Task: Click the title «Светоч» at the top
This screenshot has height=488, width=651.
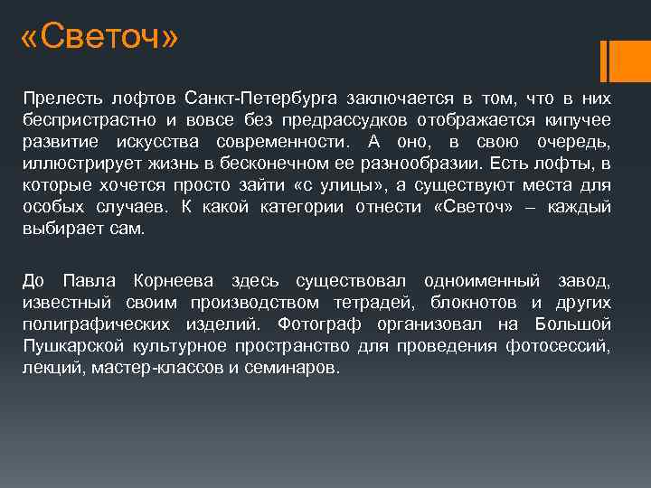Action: pos(99,39)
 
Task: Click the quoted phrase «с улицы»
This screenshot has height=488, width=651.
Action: pos(351,186)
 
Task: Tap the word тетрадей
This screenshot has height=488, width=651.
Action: pos(368,302)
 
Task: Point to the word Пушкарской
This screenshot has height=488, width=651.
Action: pos(69,347)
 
